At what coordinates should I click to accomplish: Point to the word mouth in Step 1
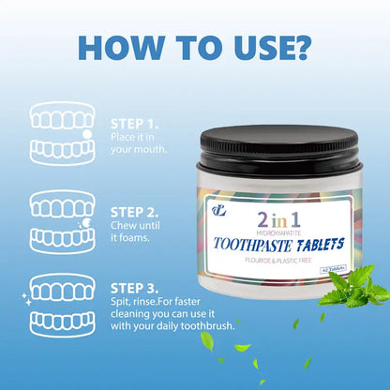pyautogui.click(x=148, y=149)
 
